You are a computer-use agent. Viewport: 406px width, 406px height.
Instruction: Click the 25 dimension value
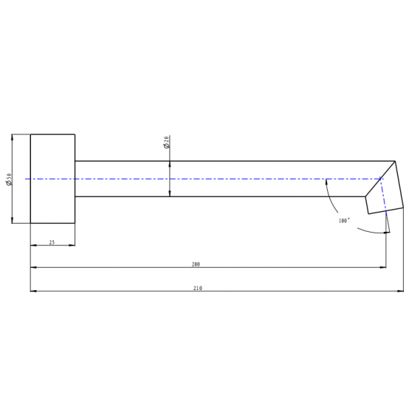pos(52,242)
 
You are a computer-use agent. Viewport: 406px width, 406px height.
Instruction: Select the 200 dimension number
pos(196,264)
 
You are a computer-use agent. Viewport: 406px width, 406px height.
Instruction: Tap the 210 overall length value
pos(197,287)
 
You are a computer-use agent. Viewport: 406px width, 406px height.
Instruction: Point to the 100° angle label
pos(344,220)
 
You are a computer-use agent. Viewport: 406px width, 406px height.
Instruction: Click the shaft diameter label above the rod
pos(167,142)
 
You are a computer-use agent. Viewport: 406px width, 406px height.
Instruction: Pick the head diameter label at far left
pos(8,179)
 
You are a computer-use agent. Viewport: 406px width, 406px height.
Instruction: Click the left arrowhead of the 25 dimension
pos(32,246)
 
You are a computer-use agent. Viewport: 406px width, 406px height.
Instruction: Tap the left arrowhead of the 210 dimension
pos(32,291)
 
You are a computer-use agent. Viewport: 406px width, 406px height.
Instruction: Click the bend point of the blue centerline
pos(381,179)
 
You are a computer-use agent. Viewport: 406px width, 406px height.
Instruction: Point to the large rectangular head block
pos(52,179)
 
